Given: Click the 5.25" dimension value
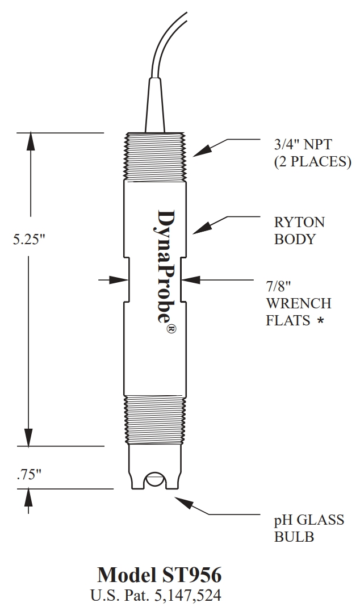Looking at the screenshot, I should coord(29,239).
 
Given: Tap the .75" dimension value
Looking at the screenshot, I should coord(29,475).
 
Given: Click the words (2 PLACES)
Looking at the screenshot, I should coord(312,161).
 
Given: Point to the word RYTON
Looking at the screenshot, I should coord(299,221).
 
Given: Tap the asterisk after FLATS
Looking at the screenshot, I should coord(321,321).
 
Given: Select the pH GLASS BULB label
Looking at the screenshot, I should coord(309,528).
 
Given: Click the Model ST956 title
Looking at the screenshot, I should coord(159,575).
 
